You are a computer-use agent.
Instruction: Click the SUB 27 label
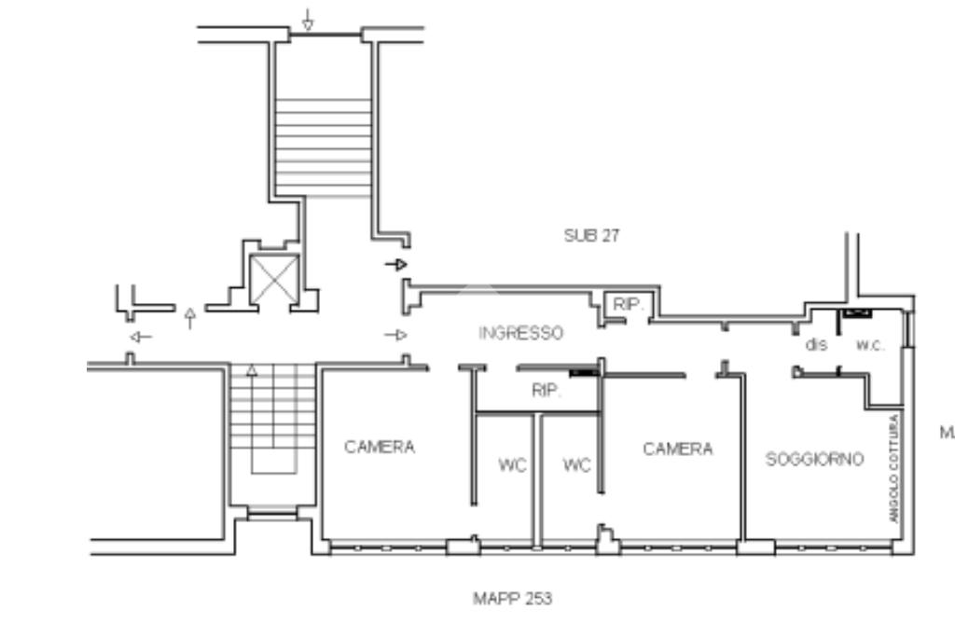pyautogui.click(x=591, y=236)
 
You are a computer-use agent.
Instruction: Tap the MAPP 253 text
pyautogui.click(x=513, y=599)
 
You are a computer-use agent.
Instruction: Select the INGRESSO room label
pyautogui.click(x=520, y=333)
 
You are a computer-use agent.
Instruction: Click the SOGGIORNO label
pyautogui.click(x=814, y=459)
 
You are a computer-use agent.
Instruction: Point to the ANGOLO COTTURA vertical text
pyautogui.click(x=893, y=468)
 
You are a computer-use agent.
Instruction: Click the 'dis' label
pyautogui.click(x=816, y=345)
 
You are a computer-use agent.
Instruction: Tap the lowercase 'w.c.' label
pyautogui.click(x=870, y=345)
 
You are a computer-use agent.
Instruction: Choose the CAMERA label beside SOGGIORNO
pyautogui.click(x=677, y=450)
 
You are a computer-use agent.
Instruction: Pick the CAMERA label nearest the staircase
pyautogui.click(x=380, y=447)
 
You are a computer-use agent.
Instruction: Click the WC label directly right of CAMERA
pyautogui.click(x=512, y=465)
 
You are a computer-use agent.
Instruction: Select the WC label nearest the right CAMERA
pyautogui.click(x=576, y=465)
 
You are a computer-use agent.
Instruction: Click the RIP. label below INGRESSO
pyautogui.click(x=547, y=391)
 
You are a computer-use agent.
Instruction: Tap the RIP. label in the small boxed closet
pyautogui.click(x=628, y=304)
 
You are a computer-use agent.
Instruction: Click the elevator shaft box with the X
pyautogui.click(x=274, y=280)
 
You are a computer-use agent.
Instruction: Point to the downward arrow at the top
pyautogui.click(x=308, y=20)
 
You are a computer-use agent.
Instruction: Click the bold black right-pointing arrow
pyautogui.click(x=395, y=264)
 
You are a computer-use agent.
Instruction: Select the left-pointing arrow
pyautogui.click(x=141, y=337)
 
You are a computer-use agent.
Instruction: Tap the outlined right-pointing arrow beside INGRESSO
pyautogui.click(x=395, y=335)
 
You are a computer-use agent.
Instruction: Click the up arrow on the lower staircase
pyautogui.click(x=252, y=370)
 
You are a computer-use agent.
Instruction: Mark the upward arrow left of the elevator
pyautogui.click(x=190, y=319)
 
